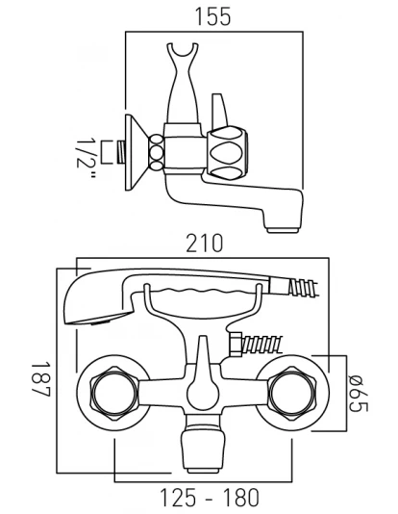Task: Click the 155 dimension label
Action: (x=212, y=16)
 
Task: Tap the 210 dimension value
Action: (x=205, y=244)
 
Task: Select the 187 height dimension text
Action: (x=40, y=379)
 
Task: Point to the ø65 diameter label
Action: (x=359, y=393)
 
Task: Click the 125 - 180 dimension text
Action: (x=210, y=498)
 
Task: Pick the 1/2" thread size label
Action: (x=87, y=158)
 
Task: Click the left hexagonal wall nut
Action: (x=113, y=393)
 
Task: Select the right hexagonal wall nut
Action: (x=292, y=393)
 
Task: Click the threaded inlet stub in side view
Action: (x=121, y=152)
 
